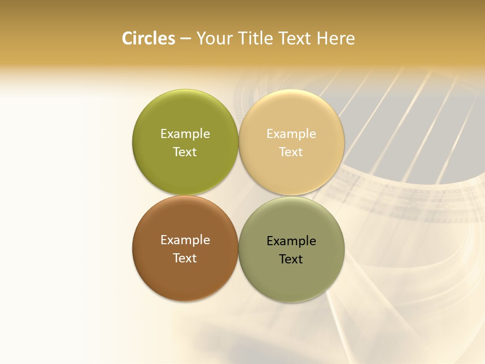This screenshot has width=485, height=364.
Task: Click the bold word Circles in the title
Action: pos(148,38)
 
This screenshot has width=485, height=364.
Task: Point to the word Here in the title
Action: pos(335,38)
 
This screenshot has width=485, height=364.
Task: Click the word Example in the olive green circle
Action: pos(185,133)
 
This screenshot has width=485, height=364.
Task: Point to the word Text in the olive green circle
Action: pos(185,152)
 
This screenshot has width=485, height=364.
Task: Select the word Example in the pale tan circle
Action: pos(292,133)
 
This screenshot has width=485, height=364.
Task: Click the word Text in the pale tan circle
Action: pos(292,152)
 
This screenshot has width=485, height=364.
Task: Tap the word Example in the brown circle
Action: pos(185,240)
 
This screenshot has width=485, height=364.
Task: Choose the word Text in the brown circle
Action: pos(185,258)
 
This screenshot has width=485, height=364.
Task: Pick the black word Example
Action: pos(292,241)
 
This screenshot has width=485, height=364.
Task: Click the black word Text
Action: pos(292,259)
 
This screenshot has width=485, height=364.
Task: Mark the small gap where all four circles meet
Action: pos(238,196)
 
